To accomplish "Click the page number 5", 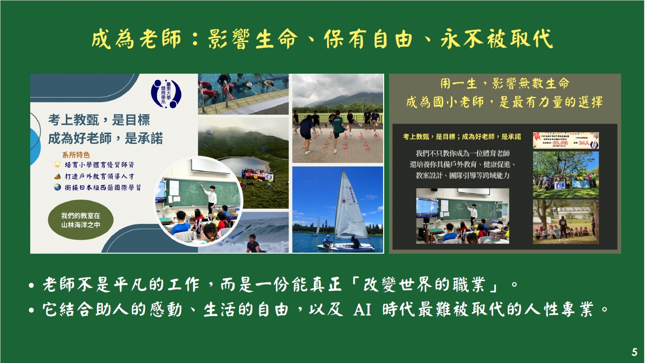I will coord(634,352).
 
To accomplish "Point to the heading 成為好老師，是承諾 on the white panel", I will coord(105,139).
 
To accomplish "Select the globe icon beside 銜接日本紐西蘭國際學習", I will coord(58,187).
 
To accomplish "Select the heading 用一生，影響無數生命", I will coord(505,83).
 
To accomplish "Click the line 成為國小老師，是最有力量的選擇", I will coord(505,102).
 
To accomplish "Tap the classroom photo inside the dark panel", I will coord(462,216).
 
